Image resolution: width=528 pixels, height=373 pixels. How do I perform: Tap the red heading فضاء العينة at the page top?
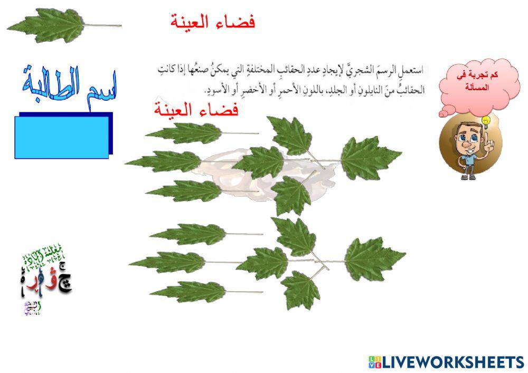pos(213,23)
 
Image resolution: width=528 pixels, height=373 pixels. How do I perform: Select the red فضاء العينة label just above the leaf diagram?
pos(196,110)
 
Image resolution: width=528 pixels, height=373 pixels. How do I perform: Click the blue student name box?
pos(62,136)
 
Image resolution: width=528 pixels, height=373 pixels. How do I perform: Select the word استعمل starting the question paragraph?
pos(415,70)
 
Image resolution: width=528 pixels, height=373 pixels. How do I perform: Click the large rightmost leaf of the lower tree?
pos(373,259)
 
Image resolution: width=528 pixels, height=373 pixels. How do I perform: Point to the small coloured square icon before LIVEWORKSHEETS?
pos(374,362)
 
